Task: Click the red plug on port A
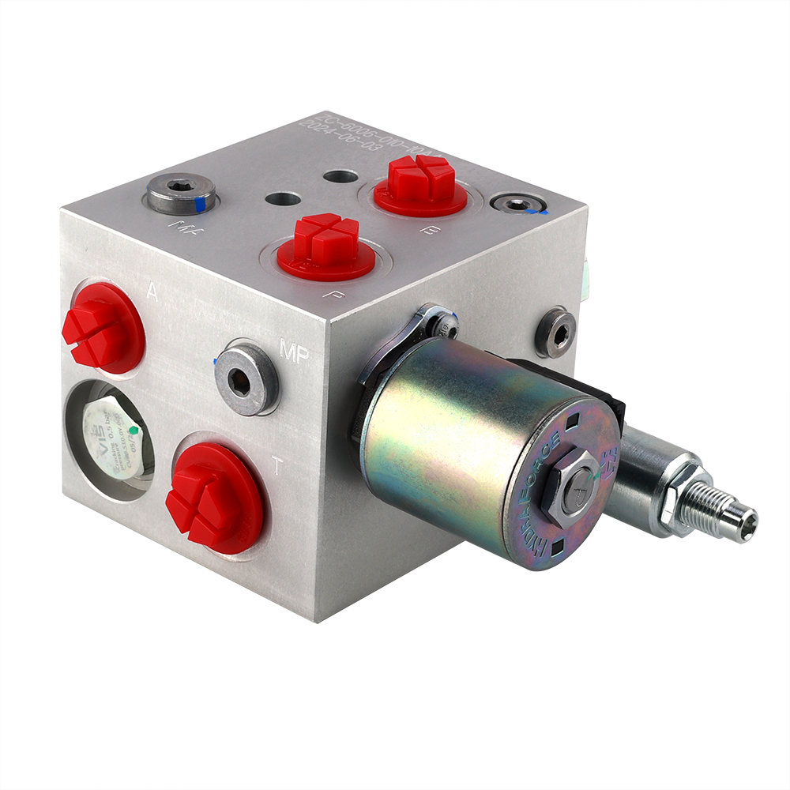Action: [101, 327]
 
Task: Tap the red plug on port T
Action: [213, 496]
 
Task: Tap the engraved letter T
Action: [276, 468]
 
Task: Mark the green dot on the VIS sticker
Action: [134, 431]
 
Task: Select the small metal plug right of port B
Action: [518, 205]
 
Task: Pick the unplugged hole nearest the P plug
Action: [283, 198]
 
